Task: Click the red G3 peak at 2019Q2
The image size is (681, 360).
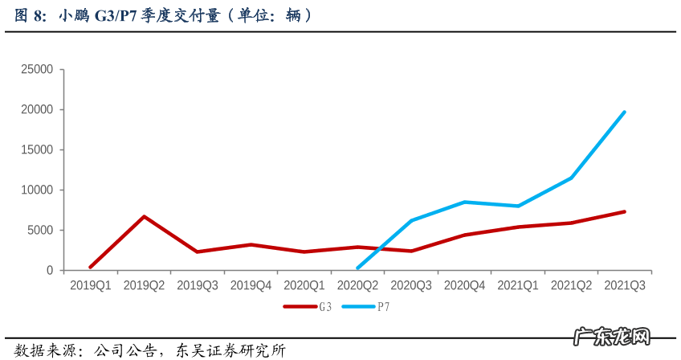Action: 144,216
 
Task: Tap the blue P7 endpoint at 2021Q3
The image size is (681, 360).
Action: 625,112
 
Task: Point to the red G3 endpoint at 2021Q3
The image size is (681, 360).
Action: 625,211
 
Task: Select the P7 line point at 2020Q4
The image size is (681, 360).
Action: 464,202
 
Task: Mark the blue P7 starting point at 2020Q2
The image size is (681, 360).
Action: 357,268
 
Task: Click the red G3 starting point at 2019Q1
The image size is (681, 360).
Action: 90,267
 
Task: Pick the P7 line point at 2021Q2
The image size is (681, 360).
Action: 571,178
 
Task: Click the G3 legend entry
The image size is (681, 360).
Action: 308,306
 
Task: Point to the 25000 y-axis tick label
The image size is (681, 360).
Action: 38,70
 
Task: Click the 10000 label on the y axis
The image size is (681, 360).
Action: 38,190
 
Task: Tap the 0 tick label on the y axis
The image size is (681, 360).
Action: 49,271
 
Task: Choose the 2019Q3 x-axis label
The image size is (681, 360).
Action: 198,285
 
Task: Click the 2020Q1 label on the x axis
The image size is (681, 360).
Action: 304,285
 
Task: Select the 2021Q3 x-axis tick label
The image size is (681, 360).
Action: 625,285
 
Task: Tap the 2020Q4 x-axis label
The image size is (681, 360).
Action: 464,285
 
